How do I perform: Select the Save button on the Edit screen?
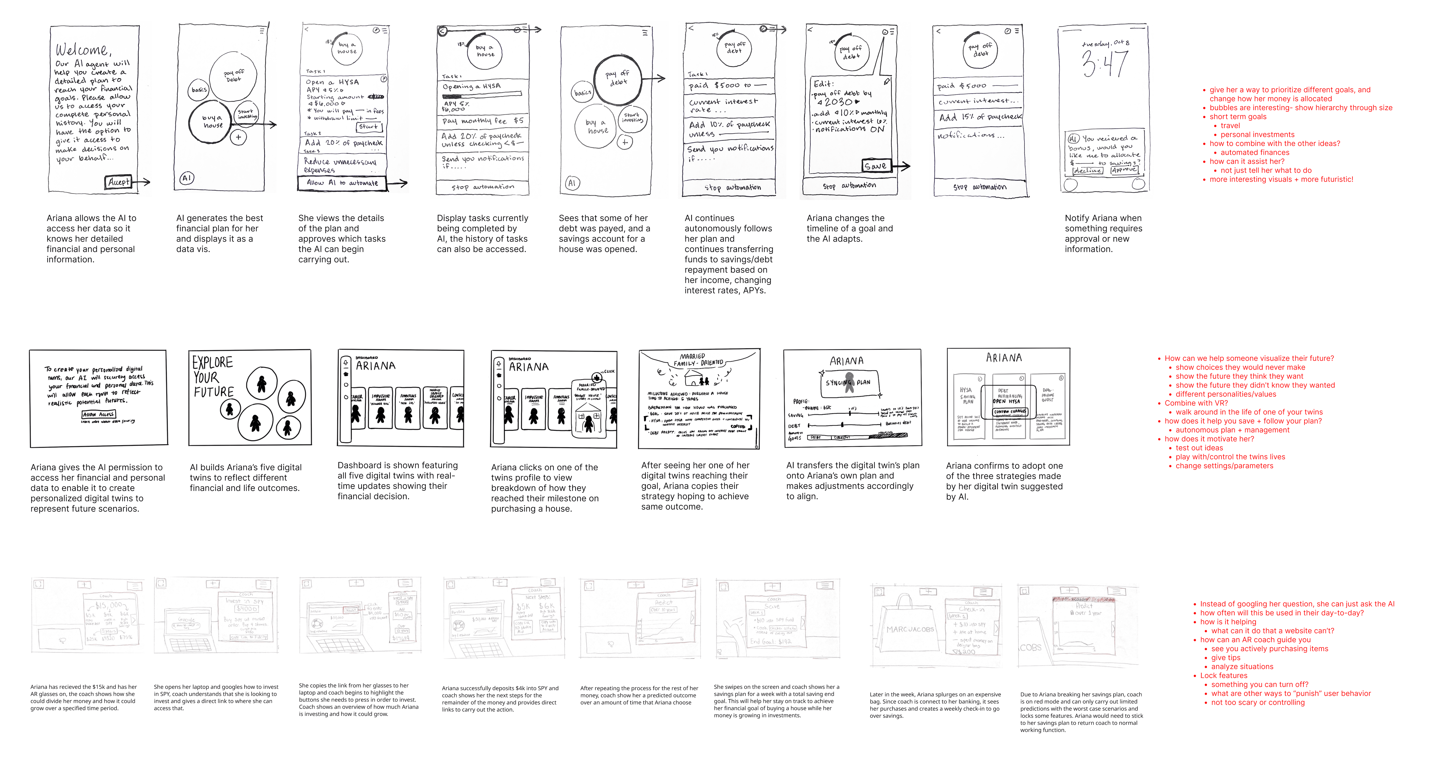(x=875, y=166)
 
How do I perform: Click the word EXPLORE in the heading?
(x=213, y=362)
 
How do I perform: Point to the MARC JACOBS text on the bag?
(x=910, y=629)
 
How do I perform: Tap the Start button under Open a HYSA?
(x=368, y=127)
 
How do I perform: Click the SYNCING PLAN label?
(x=848, y=383)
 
